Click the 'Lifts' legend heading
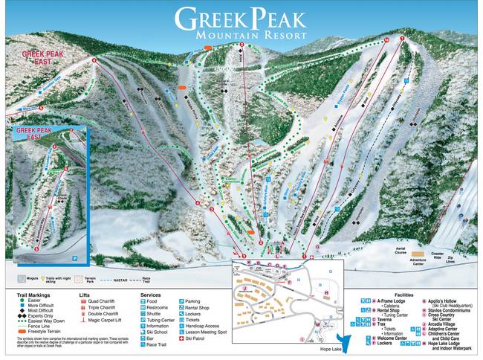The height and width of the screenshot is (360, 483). [x=88, y=295]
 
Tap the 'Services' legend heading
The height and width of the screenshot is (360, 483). [x=151, y=295]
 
